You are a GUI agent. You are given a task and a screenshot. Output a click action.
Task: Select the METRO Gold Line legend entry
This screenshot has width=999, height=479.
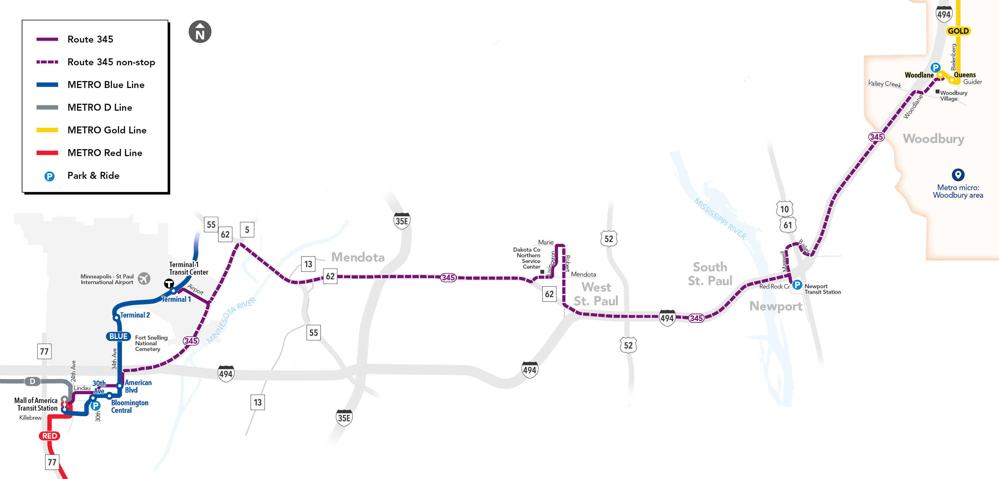pyautogui.click(x=107, y=130)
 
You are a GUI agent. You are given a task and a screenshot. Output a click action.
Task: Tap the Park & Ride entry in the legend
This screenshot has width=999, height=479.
pyautogui.click(x=93, y=176)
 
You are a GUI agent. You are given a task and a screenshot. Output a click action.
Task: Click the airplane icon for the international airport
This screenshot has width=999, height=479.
pyautogui.click(x=144, y=278)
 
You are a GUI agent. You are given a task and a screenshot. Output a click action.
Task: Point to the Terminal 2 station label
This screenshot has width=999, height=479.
pyautogui.click(x=135, y=315)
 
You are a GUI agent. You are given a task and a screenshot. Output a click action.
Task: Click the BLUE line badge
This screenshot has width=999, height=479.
pyautogui.click(x=118, y=336)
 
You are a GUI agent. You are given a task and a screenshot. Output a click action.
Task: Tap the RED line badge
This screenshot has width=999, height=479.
pyautogui.click(x=50, y=435)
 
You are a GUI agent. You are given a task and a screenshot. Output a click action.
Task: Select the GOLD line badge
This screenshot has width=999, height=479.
pyautogui.click(x=958, y=31)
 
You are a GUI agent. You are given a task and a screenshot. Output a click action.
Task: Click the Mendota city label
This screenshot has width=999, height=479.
pyautogui.click(x=358, y=257)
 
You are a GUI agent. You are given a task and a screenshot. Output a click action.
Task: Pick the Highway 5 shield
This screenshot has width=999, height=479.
pyautogui.click(x=247, y=230)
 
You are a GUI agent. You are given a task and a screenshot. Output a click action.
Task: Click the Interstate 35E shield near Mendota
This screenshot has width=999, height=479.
pyautogui.click(x=402, y=221)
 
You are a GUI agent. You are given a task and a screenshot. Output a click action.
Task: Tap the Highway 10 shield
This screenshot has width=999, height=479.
pyautogui.click(x=784, y=209)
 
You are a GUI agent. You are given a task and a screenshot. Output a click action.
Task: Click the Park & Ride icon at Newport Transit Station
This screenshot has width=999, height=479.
pyautogui.click(x=797, y=285)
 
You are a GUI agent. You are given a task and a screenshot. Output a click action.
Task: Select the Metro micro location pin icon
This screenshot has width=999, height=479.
pyautogui.click(x=958, y=174)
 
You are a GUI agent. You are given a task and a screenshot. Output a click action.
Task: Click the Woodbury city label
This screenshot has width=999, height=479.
pyautogui.click(x=933, y=138)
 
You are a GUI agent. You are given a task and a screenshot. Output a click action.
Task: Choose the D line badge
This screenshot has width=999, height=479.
pyautogui.click(x=32, y=381)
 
